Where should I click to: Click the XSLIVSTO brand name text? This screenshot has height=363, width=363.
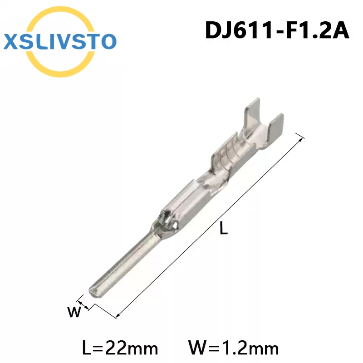point(60,42)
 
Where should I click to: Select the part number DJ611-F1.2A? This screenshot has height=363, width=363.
point(277,30)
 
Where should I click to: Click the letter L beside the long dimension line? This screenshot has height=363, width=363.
point(224,228)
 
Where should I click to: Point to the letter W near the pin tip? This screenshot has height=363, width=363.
point(74,312)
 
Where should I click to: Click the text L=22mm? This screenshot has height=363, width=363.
point(120,348)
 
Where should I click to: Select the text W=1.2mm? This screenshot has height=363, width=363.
point(234,348)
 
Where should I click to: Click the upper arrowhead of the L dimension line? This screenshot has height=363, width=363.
point(301,139)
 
